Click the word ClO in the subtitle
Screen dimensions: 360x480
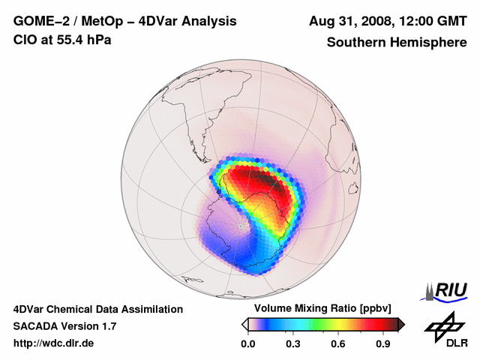coord(24,40)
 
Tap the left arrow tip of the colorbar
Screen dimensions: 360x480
coord(244,324)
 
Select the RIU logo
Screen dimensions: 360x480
coord(447,289)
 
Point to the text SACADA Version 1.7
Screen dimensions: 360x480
coord(64,326)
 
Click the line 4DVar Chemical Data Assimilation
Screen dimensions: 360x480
coord(98,309)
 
